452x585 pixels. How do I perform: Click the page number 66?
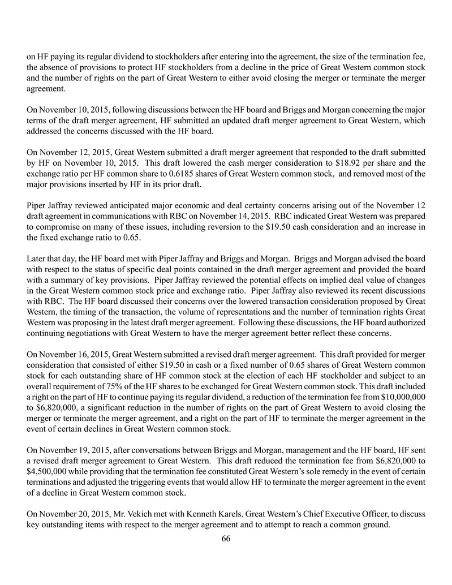coord(226,538)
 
